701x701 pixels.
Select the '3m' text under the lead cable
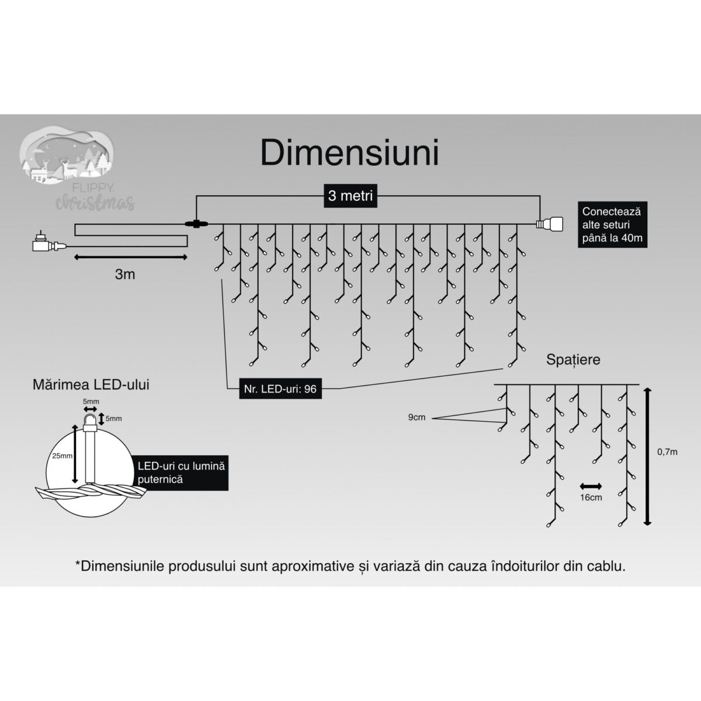tap(125, 274)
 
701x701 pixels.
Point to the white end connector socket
tap(551, 224)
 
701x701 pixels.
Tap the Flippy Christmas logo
tap(79, 172)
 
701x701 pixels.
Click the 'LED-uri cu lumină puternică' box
tap(181, 472)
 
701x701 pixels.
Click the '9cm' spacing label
tap(417, 417)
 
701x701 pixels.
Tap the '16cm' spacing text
tap(591, 497)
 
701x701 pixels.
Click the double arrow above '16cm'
tap(591, 485)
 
